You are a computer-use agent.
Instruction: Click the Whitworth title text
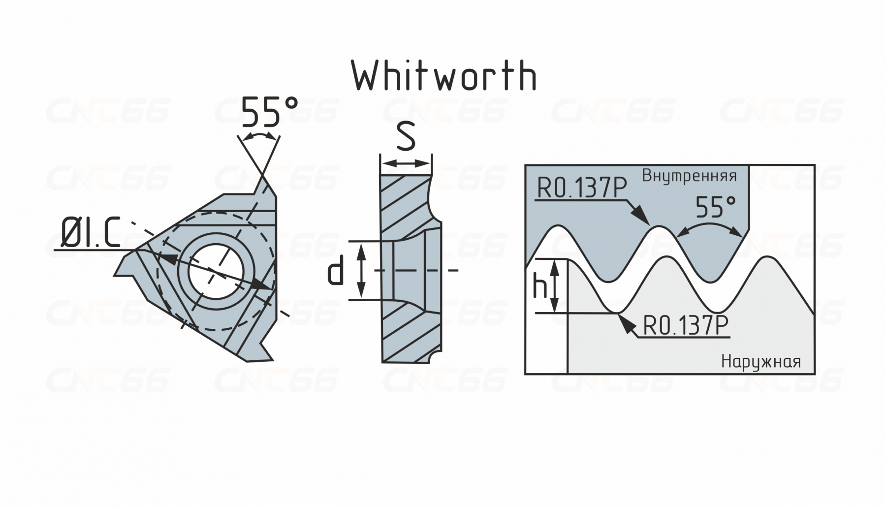point(444,76)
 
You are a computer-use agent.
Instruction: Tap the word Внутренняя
point(689,176)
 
